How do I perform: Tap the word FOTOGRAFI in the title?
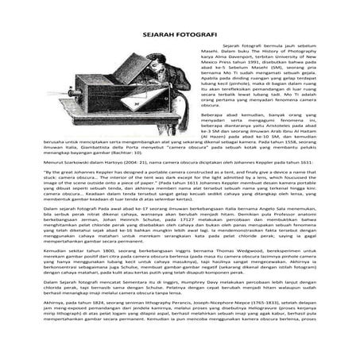tap(199, 36)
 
